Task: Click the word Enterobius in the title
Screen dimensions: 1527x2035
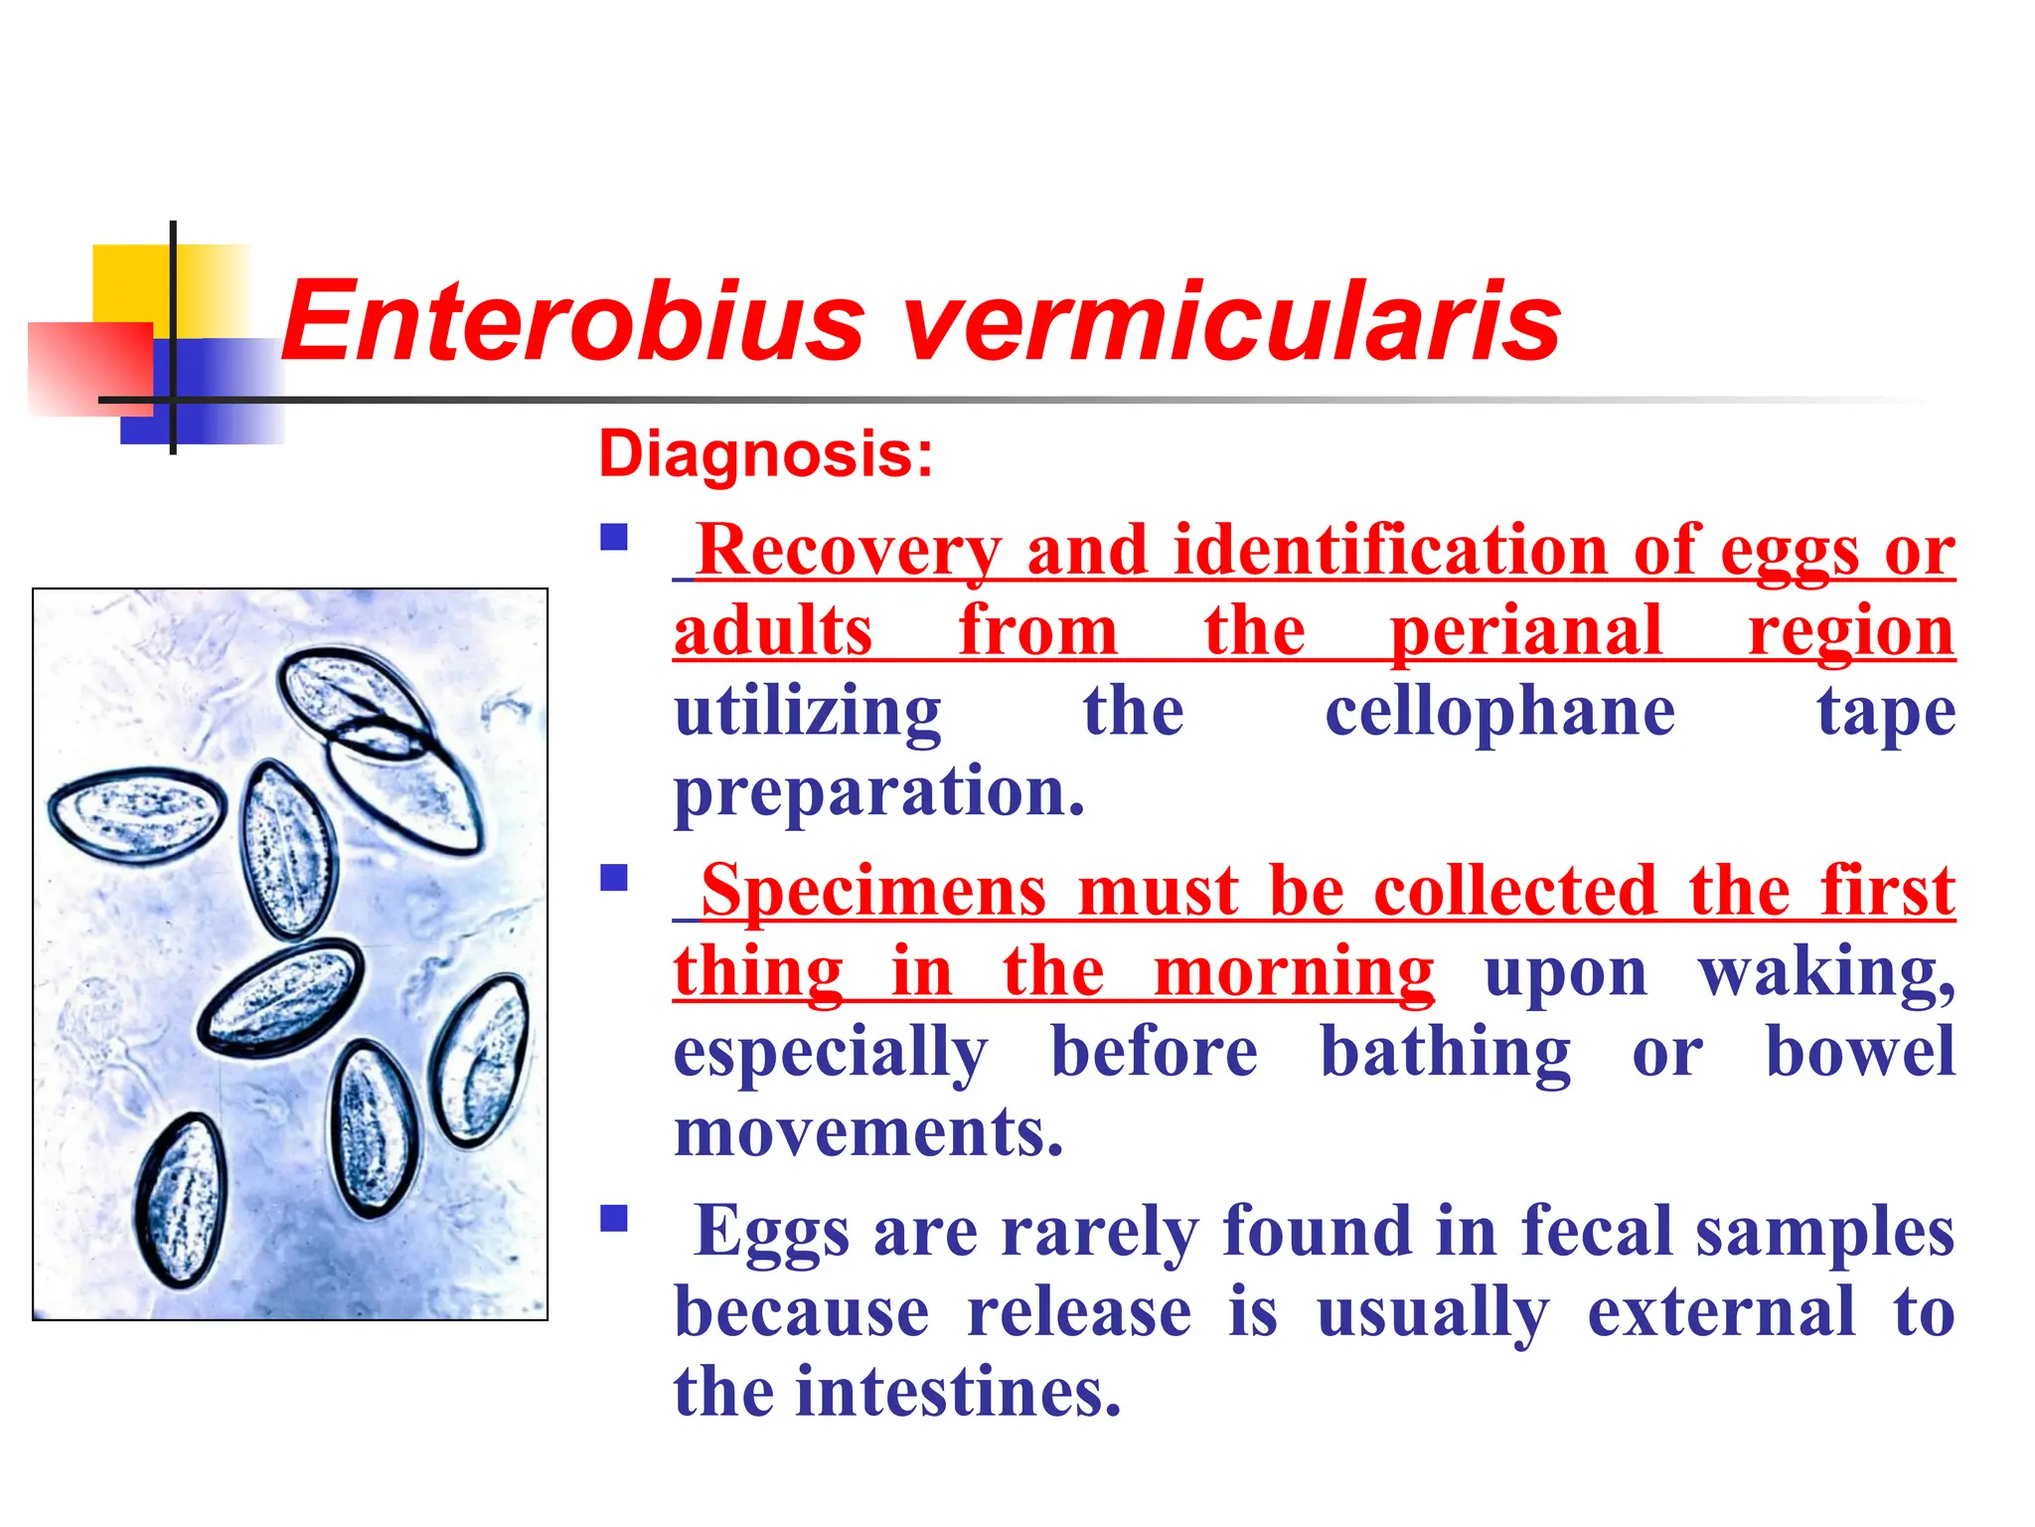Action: pyautogui.click(x=573, y=322)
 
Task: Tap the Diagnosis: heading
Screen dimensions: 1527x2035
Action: pyautogui.click(x=766, y=454)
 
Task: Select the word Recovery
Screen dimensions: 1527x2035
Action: pyautogui.click(x=850, y=551)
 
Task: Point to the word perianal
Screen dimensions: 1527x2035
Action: pyautogui.click(x=1525, y=632)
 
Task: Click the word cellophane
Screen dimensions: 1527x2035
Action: pyautogui.click(x=1499, y=712)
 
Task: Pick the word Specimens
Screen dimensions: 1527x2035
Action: pyautogui.click(x=873, y=892)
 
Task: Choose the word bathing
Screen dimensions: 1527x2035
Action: pyautogui.click(x=1445, y=1054)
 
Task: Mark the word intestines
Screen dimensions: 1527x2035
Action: pyautogui.click(x=959, y=1392)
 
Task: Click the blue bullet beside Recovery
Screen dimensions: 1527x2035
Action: pyautogui.click(x=614, y=538)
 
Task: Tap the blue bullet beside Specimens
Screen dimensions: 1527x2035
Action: pyautogui.click(x=614, y=878)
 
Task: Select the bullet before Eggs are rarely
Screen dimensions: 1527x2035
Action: pyautogui.click(x=614, y=1218)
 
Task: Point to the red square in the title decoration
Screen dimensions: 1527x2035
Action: pyautogui.click(x=89, y=368)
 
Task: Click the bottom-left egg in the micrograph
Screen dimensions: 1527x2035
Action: pyautogui.click(x=183, y=1201)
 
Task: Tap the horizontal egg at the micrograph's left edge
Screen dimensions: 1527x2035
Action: pyautogui.click(x=137, y=814)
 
